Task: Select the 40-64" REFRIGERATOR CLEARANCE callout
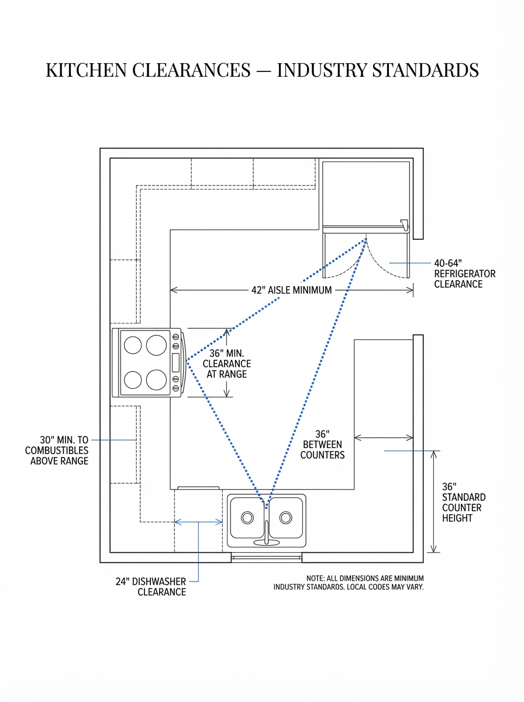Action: point(464,274)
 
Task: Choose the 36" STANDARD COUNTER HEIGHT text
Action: point(463,503)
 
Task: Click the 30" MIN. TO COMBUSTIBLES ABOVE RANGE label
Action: point(57,450)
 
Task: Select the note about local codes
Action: point(349,582)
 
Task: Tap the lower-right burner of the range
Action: point(157,380)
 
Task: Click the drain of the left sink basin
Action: point(247,518)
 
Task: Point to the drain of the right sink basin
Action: point(285,518)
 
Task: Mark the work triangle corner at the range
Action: point(187,362)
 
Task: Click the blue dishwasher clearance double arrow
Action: point(199,522)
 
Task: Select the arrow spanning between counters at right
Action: point(384,437)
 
